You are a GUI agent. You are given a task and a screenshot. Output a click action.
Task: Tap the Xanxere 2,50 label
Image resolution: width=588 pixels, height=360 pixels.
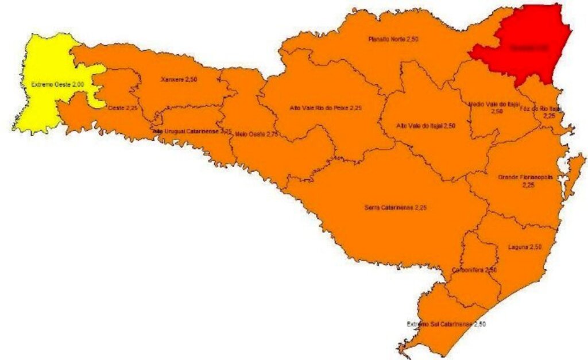click(x=179, y=78)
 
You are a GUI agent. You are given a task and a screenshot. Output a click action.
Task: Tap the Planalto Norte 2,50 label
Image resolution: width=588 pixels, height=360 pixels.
click(x=393, y=40)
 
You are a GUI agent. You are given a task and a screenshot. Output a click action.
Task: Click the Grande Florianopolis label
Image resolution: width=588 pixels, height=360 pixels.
click(x=525, y=177)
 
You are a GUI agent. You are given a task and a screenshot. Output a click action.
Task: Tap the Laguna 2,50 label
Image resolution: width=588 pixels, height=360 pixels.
click(x=524, y=247)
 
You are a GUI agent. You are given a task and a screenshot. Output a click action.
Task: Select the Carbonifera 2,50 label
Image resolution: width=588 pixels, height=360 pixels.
click(x=474, y=269)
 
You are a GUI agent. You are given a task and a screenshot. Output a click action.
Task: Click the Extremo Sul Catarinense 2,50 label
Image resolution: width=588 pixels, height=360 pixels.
click(x=446, y=324)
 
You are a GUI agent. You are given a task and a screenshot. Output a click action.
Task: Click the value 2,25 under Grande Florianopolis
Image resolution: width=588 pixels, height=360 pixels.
click(x=528, y=185)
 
